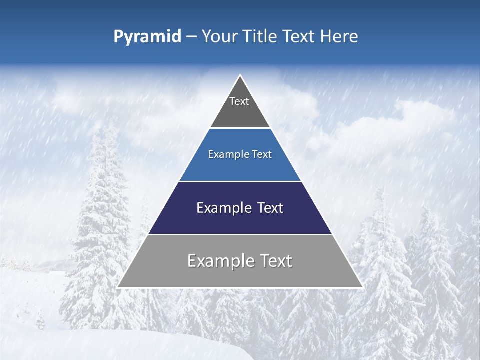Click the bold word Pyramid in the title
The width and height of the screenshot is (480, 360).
(147, 37)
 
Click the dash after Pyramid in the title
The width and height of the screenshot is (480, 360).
(191, 37)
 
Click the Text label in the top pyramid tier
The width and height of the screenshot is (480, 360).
(239, 101)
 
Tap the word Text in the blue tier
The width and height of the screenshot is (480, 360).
(262, 154)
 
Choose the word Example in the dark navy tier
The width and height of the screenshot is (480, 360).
(221, 208)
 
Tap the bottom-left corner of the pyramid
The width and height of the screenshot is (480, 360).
(117, 287)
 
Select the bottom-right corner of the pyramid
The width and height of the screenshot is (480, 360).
(362, 287)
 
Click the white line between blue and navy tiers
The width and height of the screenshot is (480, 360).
(240, 181)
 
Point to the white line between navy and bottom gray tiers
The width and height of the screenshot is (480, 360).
(240, 234)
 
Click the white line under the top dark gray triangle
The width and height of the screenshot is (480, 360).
(240, 128)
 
